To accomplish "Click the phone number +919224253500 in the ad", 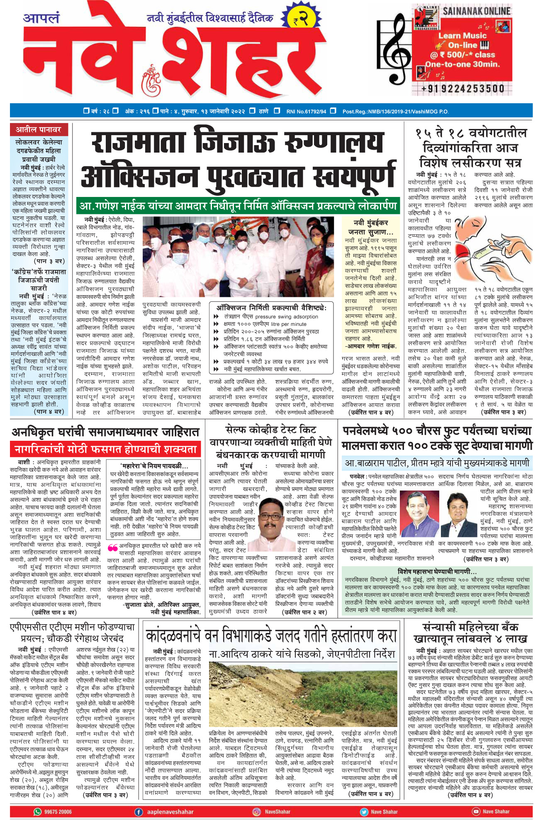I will pos(462,88).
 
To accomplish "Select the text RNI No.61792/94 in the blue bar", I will pos(306,111).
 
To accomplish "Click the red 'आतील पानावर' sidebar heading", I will pos(39,130).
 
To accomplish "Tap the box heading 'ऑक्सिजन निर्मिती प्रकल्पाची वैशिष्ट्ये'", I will pos(271,308).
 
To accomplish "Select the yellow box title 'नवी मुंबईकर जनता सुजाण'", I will pos(370,227).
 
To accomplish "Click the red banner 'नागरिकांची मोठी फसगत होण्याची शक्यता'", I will pos(105,449).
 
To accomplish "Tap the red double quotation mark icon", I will pos(112,548).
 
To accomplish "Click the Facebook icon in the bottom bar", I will pos(139,811).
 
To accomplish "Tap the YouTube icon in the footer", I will pos(475,811).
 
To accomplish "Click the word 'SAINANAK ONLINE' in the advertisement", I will pos(476,11).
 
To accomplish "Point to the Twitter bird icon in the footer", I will pos(364,811).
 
